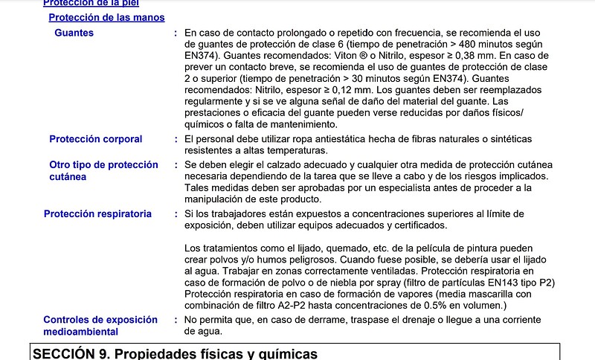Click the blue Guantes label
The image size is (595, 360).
[x=74, y=33]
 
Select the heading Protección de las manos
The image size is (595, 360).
[x=106, y=17]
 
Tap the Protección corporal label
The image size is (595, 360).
[x=95, y=139]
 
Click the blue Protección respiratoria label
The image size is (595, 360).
[x=97, y=214]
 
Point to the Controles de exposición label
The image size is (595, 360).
[x=100, y=319]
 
